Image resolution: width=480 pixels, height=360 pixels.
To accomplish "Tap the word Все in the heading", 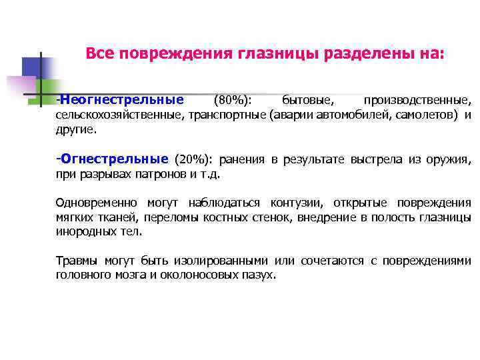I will pyautogui.click(x=99, y=53).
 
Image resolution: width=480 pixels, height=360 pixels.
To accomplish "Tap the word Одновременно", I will pyautogui.click(x=97, y=203).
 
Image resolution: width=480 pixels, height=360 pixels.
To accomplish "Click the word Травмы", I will pyautogui.click(x=75, y=261).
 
